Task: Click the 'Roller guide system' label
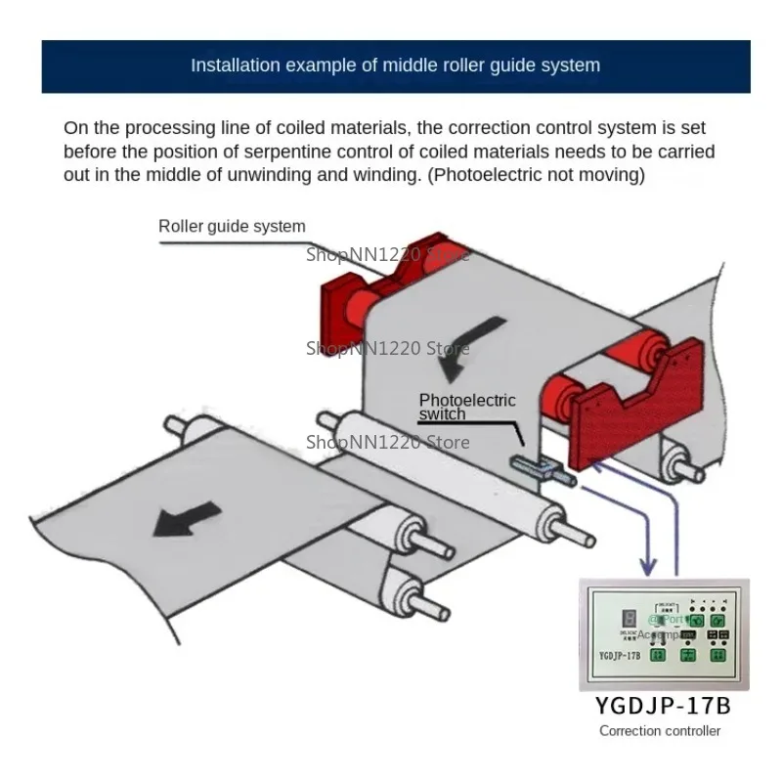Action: coord(232,227)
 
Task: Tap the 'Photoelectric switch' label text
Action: coord(466,407)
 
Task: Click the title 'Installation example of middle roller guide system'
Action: coord(395,65)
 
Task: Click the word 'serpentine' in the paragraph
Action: coord(308,152)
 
